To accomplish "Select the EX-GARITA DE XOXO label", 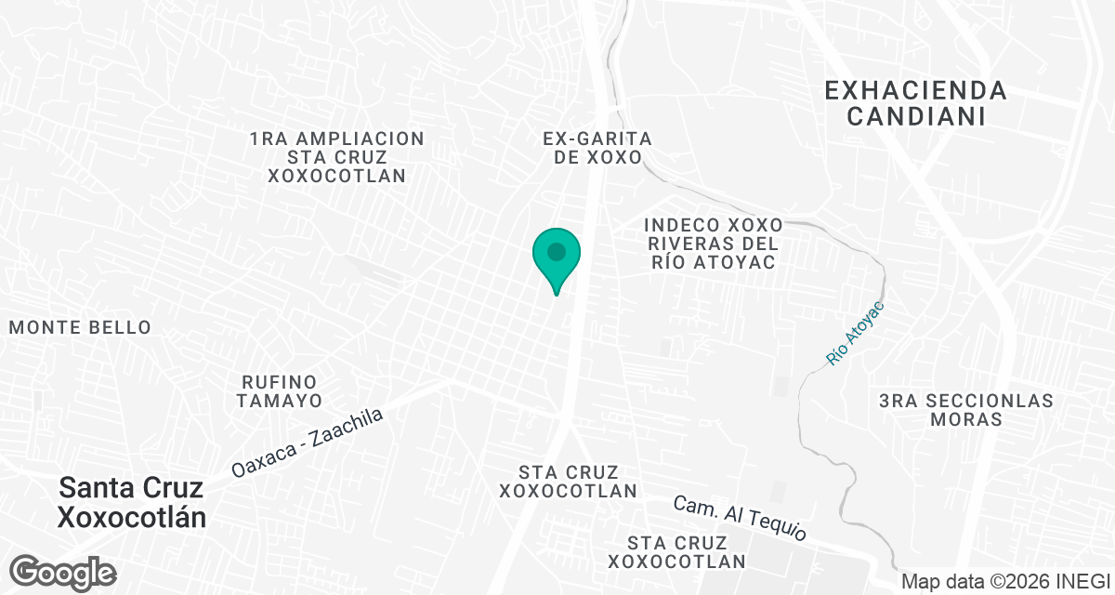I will pos(597,148).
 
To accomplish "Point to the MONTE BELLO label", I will pos(80,327).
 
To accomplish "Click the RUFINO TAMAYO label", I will pos(279,391).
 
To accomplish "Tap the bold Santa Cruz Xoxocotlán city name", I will pos(131,502).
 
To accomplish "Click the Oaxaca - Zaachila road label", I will pos(308,443).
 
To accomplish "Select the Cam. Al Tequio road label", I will pos(740,519).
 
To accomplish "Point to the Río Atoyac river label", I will pos(855,333).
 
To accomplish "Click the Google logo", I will pos(62,571).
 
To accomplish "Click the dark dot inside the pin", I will pos(557,251).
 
